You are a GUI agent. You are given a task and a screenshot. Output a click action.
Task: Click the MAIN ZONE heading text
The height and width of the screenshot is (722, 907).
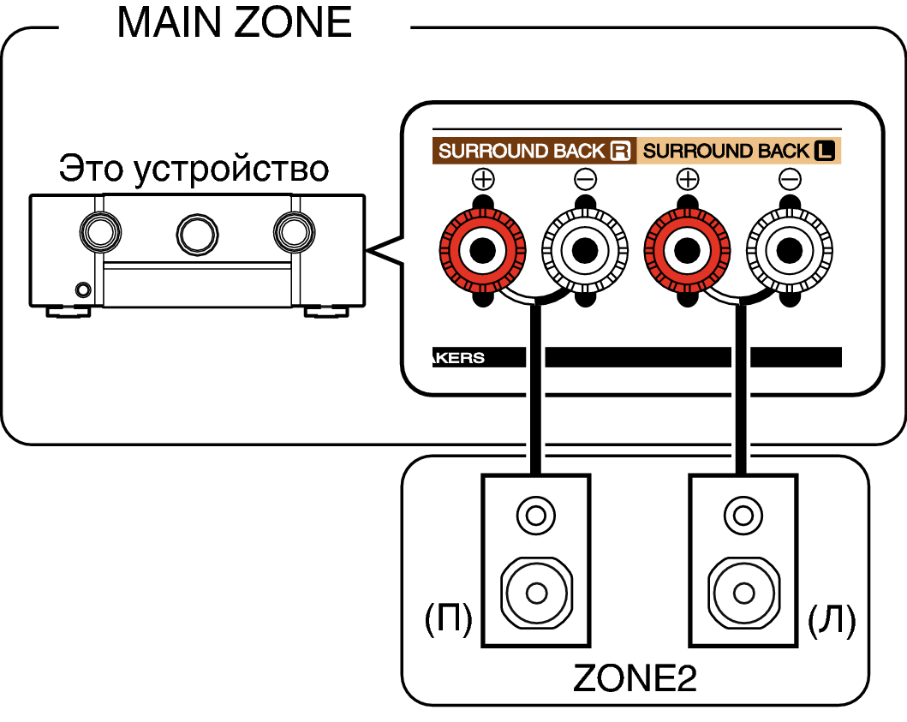pos(235,22)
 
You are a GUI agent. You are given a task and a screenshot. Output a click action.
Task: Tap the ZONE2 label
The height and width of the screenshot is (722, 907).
pos(635,677)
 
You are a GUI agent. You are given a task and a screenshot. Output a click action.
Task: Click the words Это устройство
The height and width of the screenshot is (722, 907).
pos(194,169)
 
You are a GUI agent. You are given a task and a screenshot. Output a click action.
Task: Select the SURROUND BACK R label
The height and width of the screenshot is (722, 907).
pos(534,151)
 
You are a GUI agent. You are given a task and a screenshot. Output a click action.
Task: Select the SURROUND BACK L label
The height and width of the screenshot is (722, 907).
pos(738,151)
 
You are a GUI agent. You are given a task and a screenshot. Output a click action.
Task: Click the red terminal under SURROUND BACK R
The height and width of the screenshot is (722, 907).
pos(482,250)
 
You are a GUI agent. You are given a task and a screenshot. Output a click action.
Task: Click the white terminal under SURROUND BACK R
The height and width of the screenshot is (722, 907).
pos(585,250)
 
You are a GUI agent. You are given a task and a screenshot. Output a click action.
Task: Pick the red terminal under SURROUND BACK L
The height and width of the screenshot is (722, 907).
pos(687,250)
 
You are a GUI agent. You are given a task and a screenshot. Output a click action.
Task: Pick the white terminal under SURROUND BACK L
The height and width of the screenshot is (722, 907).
pos(790,250)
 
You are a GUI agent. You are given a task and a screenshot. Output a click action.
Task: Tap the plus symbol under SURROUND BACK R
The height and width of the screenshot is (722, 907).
pos(483,179)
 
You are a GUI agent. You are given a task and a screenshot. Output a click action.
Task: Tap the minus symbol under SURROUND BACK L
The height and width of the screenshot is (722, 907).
pos(790,179)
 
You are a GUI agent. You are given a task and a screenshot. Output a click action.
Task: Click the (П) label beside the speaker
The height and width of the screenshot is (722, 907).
pos(448,619)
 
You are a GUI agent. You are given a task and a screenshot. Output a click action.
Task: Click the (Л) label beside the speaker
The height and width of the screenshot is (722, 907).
pos(832,619)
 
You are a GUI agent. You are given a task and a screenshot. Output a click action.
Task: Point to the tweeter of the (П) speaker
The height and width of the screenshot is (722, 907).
pos(535,515)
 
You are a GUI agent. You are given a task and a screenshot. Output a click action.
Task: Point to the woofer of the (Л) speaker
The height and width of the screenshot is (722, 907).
pos(743,593)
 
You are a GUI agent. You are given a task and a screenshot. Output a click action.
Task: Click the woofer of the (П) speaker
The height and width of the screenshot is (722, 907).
pos(535,593)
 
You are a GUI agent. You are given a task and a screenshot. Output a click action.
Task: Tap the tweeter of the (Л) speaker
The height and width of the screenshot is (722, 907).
pos(743,515)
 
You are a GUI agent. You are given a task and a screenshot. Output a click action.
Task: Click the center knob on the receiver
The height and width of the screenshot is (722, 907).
pos(197,235)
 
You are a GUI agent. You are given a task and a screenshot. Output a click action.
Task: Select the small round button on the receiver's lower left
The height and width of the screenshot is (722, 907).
pos(83,289)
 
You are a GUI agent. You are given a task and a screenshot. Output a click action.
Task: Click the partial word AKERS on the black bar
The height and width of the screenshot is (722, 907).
pos(458,357)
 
